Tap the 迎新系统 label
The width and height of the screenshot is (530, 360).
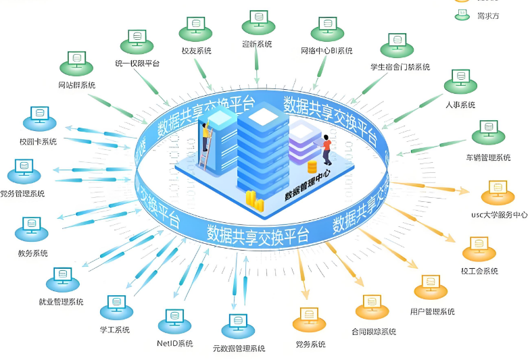[257, 44]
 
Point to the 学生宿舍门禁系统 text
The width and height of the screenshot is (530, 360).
[400, 67]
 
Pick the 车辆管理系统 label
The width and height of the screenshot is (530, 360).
[488, 157]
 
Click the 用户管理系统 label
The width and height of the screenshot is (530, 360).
[433, 311]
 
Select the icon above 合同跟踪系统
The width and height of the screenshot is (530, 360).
[372, 306]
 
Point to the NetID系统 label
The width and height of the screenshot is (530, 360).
[174, 344]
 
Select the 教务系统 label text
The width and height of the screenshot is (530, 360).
[33, 253]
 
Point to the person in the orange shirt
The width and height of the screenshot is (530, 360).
[327, 149]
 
